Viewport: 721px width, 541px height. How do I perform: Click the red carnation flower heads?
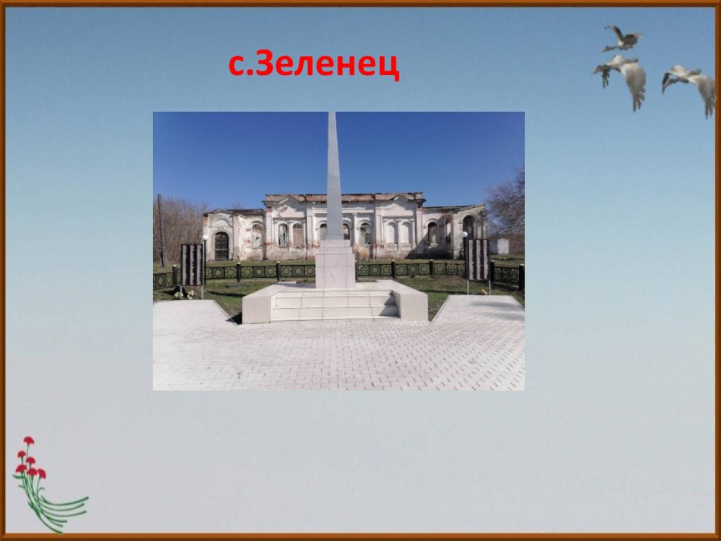(x=29, y=460)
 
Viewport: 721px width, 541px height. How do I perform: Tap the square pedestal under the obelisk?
(x=335, y=264)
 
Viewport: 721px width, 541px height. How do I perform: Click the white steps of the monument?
(x=335, y=305)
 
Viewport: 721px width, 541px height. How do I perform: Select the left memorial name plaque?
(x=192, y=264)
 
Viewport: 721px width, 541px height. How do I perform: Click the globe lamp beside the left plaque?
(x=205, y=237)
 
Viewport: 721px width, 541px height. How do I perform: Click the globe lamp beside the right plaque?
(x=465, y=234)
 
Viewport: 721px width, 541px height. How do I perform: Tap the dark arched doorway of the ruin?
(x=221, y=246)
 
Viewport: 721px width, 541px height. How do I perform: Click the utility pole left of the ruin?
(x=161, y=230)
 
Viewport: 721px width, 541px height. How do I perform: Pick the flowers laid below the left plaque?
(x=185, y=294)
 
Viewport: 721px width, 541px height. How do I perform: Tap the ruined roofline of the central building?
(x=343, y=198)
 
